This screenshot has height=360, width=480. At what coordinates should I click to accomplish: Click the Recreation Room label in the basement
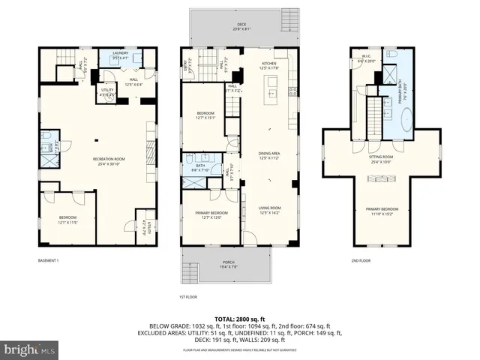click(108, 159)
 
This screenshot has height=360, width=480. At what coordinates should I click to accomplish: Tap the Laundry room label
click(121, 53)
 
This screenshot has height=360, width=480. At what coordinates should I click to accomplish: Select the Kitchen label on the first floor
click(269, 64)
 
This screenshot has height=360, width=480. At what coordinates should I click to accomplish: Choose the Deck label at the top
click(241, 25)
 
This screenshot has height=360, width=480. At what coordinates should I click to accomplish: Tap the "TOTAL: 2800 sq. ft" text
click(240, 318)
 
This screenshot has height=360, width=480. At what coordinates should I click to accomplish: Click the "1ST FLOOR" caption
click(188, 296)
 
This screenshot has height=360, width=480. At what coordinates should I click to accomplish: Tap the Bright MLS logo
click(29, 350)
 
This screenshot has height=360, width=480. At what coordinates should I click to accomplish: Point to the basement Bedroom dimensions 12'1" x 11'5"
click(68, 222)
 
